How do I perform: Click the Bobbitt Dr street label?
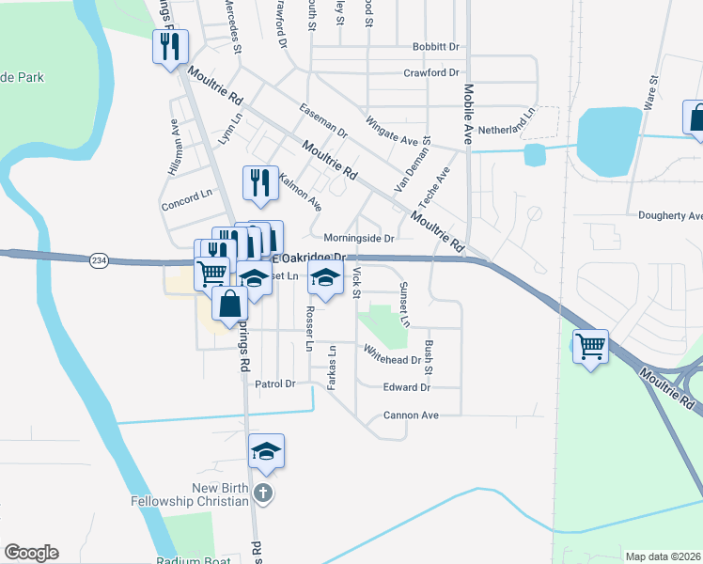(x=435, y=47)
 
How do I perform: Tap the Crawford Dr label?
(x=430, y=72)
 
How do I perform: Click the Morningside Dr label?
(x=358, y=239)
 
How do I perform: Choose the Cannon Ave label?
(x=411, y=415)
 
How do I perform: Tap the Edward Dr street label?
(x=406, y=387)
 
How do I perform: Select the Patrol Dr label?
(x=275, y=384)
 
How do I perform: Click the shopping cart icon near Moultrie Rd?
(x=590, y=347)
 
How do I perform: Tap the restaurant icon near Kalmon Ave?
(x=260, y=182)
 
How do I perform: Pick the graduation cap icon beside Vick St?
(x=325, y=278)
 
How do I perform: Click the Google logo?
(x=31, y=553)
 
